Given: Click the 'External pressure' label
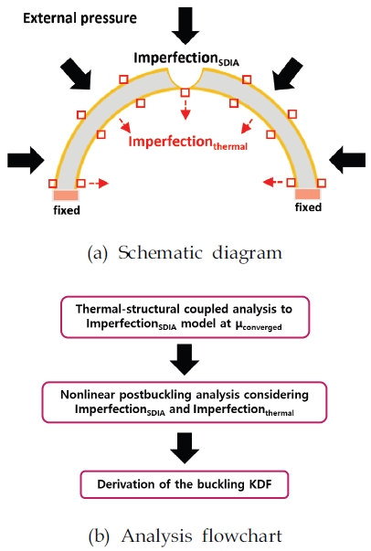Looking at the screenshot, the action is click(79, 18).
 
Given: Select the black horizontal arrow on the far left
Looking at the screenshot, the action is click(26, 160).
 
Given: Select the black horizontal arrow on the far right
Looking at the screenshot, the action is click(347, 160).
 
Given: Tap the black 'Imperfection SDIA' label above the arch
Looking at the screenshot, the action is click(186, 59).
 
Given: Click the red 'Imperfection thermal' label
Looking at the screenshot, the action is click(188, 143).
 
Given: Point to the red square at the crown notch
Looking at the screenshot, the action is click(185, 93).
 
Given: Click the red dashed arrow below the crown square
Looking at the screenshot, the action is click(185, 110).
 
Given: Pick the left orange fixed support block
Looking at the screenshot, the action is click(66, 195).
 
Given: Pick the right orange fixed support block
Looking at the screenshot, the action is click(307, 194).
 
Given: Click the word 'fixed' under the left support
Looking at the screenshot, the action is click(67, 210).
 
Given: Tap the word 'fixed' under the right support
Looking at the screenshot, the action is click(308, 207).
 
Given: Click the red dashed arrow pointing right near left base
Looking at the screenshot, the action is click(99, 183).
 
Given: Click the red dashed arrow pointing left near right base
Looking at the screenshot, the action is click(273, 182).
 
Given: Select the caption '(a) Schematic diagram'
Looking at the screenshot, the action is click(185, 253).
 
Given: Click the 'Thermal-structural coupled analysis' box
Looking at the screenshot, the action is click(185, 317).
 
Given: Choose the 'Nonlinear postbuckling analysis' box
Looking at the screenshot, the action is click(185, 402).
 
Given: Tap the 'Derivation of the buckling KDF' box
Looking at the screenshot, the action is click(185, 484).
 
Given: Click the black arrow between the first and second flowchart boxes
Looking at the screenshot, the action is click(185, 359).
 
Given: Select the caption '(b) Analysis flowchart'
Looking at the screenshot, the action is click(185, 536).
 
